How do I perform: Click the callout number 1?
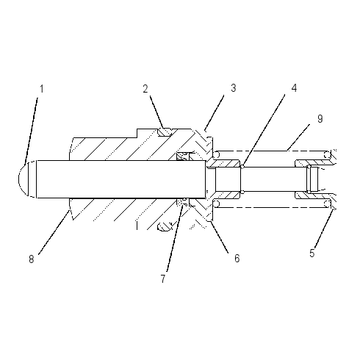(x=42, y=89)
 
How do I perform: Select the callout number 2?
(x=145, y=89)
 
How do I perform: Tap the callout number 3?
(x=234, y=88)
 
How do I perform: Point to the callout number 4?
(x=294, y=88)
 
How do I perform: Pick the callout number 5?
(x=312, y=253)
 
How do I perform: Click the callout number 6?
(x=237, y=259)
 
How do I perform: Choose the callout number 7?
(x=163, y=278)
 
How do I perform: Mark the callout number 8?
(x=31, y=259)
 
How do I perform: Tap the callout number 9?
(x=320, y=119)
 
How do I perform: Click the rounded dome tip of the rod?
(x=24, y=179)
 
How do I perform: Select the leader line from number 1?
(x=31, y=131)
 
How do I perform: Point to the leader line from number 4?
(x=263, y=131)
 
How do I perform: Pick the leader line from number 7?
(x=174, y=238)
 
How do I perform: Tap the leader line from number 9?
(x=298, y=137)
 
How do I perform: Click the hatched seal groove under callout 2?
(x=165, y=132)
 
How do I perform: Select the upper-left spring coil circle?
(x=217, y=154)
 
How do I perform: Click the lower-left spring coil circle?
(x=217, y=204)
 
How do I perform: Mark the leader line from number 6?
(x=220, y=237)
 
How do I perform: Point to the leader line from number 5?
(x=325, y=228)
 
